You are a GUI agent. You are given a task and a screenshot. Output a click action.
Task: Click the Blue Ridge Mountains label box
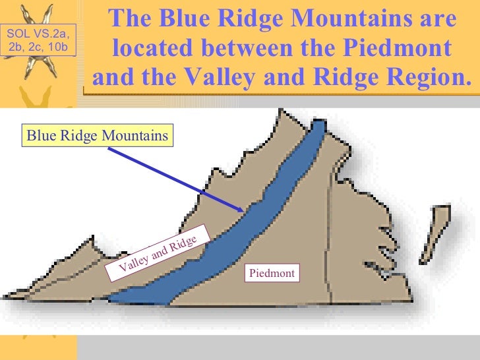click(97, 136)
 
